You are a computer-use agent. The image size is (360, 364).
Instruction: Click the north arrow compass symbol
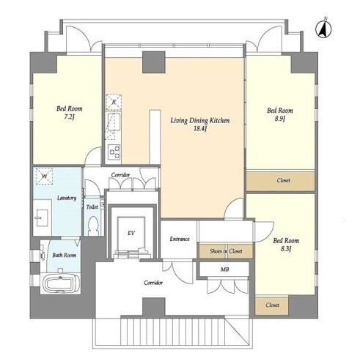point(323,29)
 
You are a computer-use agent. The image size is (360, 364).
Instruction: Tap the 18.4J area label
point(200,129)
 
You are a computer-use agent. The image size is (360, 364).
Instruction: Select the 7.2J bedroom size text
point(69,117)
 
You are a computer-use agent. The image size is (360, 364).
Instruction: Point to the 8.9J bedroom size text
point(280,119)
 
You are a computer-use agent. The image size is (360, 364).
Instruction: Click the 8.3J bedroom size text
point(286,249)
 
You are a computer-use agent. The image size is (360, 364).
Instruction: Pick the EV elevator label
point(131,233)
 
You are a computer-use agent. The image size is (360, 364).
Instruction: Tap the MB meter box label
point(224,270)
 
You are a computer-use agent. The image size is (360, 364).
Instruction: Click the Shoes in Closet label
point(226,251)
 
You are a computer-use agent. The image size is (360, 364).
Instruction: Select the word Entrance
point(180,239)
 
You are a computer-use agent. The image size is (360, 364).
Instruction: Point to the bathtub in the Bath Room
point(61,283)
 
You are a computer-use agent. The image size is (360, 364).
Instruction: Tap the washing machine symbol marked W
point(44,176)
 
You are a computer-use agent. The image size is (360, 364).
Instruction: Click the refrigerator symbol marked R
point(114,102)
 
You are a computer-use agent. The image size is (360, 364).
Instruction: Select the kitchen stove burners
point(114,152)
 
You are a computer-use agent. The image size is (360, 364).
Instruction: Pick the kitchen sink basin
point(114,122)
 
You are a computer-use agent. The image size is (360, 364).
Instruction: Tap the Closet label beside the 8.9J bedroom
point(284,180)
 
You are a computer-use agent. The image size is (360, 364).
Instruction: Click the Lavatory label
point(67,198)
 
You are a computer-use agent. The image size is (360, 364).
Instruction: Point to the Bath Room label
point(65,255)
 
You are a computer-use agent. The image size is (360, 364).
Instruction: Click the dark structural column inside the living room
point(154,62)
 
